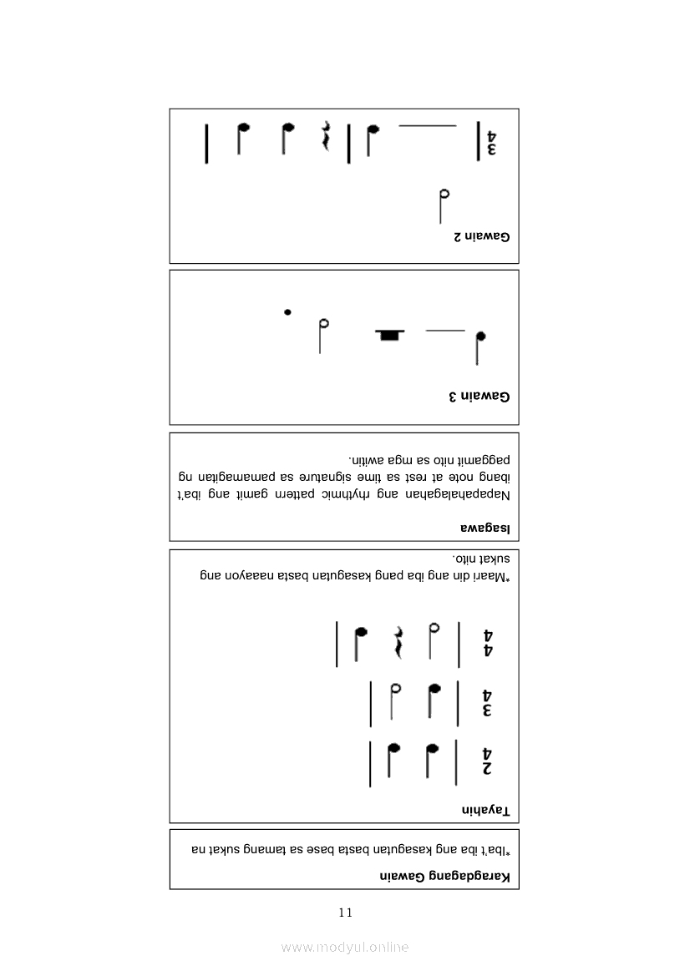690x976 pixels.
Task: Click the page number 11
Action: pyautogui.click(x=345, y=913)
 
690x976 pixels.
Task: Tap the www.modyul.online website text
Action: pyautogui.click(x=345, y=948)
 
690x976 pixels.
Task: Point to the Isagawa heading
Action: pyautogui.click(x=485, y=528)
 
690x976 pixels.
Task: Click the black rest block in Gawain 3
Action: pyautogui.click(x=389, y=335)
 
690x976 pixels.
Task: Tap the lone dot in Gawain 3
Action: pyautogui.click(x=287, y=312)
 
